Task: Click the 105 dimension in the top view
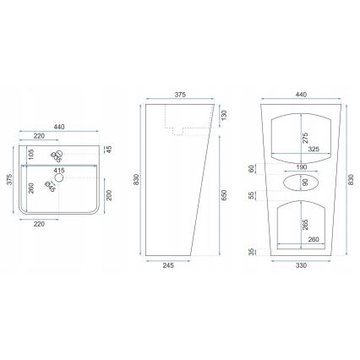(x=31, y=153)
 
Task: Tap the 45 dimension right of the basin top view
(x=110, y=150)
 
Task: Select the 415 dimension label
(x=59, y=171)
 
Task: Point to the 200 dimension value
(x=110, y=195)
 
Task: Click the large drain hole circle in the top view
(x=59, y=177)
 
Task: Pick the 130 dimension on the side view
(x=224, y=115)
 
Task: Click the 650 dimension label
(x=224, y=195)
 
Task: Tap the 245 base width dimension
(x=168, y=265)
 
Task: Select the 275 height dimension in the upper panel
(x=305, y=138)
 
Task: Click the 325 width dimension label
(x=314, y=149)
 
